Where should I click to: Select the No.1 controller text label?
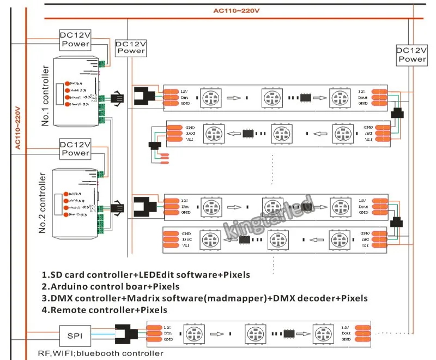point(45,96)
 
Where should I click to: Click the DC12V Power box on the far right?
point(412,55)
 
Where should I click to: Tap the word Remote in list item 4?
point(69,310)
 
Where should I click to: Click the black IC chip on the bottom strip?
point(288,333)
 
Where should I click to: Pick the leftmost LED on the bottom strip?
point(193,333)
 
